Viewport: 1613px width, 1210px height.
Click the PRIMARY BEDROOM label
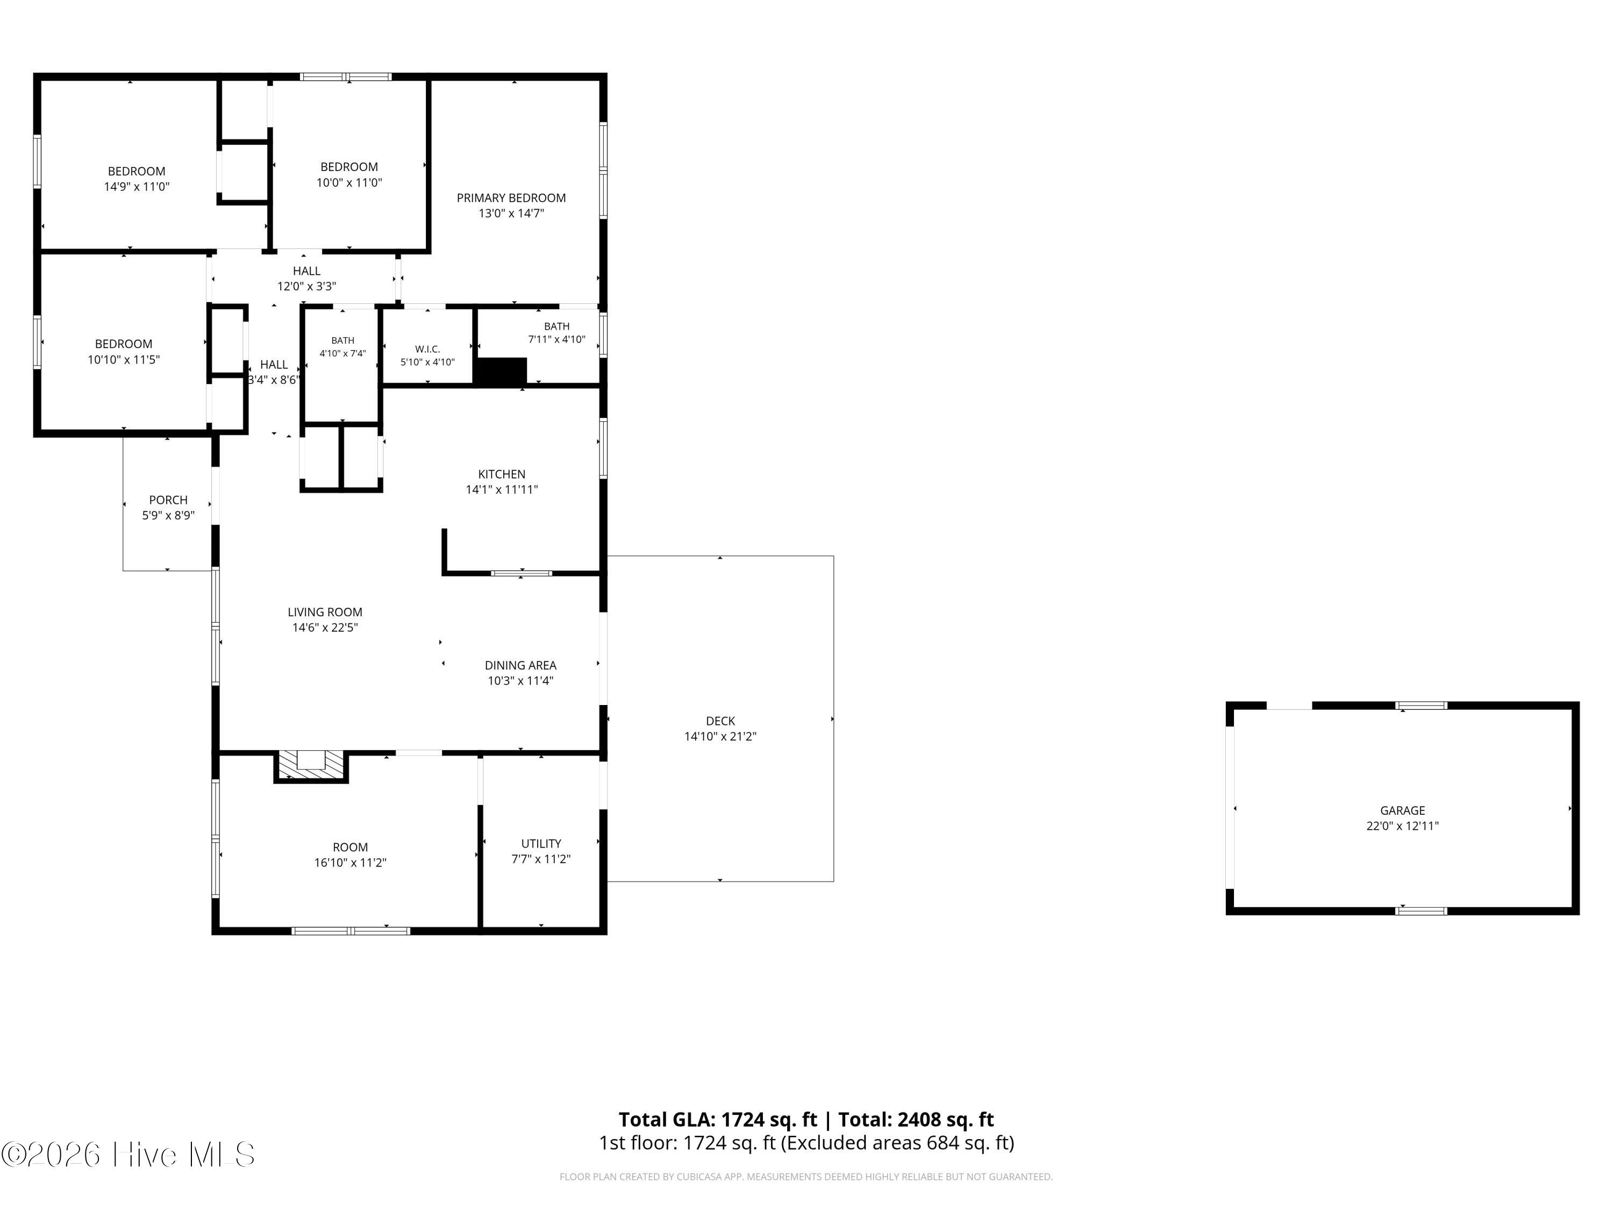coord(511,198)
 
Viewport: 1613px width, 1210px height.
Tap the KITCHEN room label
coord(502,474)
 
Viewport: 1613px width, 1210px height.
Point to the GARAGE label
coord(1402,810)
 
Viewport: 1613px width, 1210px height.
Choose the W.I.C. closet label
coord(427,350)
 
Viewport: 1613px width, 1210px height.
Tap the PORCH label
coord(168,500)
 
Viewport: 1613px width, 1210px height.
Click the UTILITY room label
coord(541,843)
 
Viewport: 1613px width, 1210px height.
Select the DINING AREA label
coord(520,665)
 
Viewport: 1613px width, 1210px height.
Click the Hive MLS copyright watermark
coord(129,1155)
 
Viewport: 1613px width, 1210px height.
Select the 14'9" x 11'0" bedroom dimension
coord(137,187)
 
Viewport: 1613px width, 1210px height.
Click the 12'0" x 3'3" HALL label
coord(306,279)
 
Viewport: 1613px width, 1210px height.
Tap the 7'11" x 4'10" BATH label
coord(556,332)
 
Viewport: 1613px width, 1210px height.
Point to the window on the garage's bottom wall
coord(1421,910)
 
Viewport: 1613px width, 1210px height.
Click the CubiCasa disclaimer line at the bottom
coord(806,1177)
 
